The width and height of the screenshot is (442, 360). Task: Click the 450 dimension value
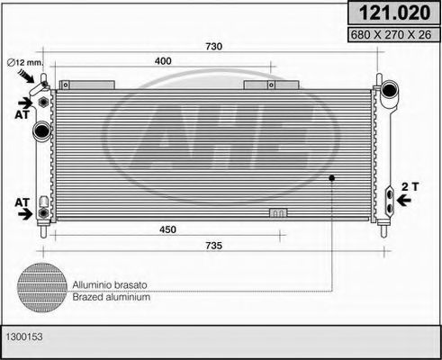168,229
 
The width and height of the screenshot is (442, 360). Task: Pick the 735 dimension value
213,246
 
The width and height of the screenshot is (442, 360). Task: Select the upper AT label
20,114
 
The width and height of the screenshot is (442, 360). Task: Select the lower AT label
20,202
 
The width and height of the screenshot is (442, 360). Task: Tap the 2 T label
410,185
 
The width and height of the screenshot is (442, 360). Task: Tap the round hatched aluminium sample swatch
42,288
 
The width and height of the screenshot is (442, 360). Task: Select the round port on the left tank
41,132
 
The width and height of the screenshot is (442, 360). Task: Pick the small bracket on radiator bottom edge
278,213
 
